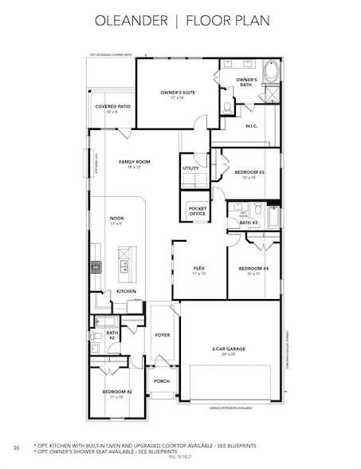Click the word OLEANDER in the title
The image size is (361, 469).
(128, 19)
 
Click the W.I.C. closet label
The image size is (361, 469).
(250, 125)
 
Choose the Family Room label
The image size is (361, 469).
(135, 164)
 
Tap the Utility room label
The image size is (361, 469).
(191, 168)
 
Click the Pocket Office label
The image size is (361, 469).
(197, 211)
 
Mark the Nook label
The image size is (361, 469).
(116, 220)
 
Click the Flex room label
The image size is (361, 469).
(199, 270)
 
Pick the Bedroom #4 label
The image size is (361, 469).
(253, 270)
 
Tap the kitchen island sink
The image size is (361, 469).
(124, 269)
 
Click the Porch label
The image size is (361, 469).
(162, 381)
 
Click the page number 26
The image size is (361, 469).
(16, 448)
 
